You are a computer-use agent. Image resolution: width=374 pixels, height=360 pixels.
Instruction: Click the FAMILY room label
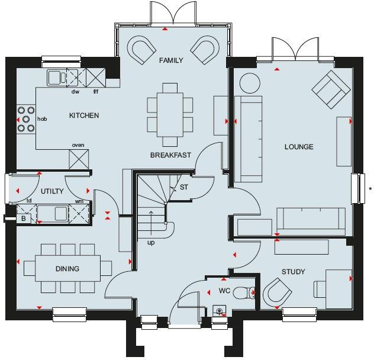171,60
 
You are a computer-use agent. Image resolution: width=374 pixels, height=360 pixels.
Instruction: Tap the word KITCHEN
84,115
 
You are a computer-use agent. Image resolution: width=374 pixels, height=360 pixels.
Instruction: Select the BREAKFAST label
170,155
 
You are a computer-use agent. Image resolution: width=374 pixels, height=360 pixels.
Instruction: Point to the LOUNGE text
298,147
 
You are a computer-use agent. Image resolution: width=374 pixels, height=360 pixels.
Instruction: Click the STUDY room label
293,272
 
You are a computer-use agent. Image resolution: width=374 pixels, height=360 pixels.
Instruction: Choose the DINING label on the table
67,269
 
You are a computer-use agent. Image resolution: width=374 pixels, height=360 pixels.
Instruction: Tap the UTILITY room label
52,191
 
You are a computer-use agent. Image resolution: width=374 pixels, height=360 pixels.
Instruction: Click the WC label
224,291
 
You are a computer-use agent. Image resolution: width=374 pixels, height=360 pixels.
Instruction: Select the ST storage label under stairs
183,188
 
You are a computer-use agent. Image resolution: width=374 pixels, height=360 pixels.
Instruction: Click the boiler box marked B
24,218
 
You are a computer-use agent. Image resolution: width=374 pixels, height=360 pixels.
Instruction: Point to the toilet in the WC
243,292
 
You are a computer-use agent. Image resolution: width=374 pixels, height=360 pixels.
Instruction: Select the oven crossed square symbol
78,158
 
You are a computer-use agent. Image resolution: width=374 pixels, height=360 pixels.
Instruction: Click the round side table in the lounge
249,83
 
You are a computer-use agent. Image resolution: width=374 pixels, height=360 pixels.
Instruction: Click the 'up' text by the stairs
151,242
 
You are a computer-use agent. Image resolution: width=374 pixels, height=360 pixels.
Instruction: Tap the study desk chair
276,292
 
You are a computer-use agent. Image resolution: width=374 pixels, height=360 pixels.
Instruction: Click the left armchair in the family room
141,50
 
